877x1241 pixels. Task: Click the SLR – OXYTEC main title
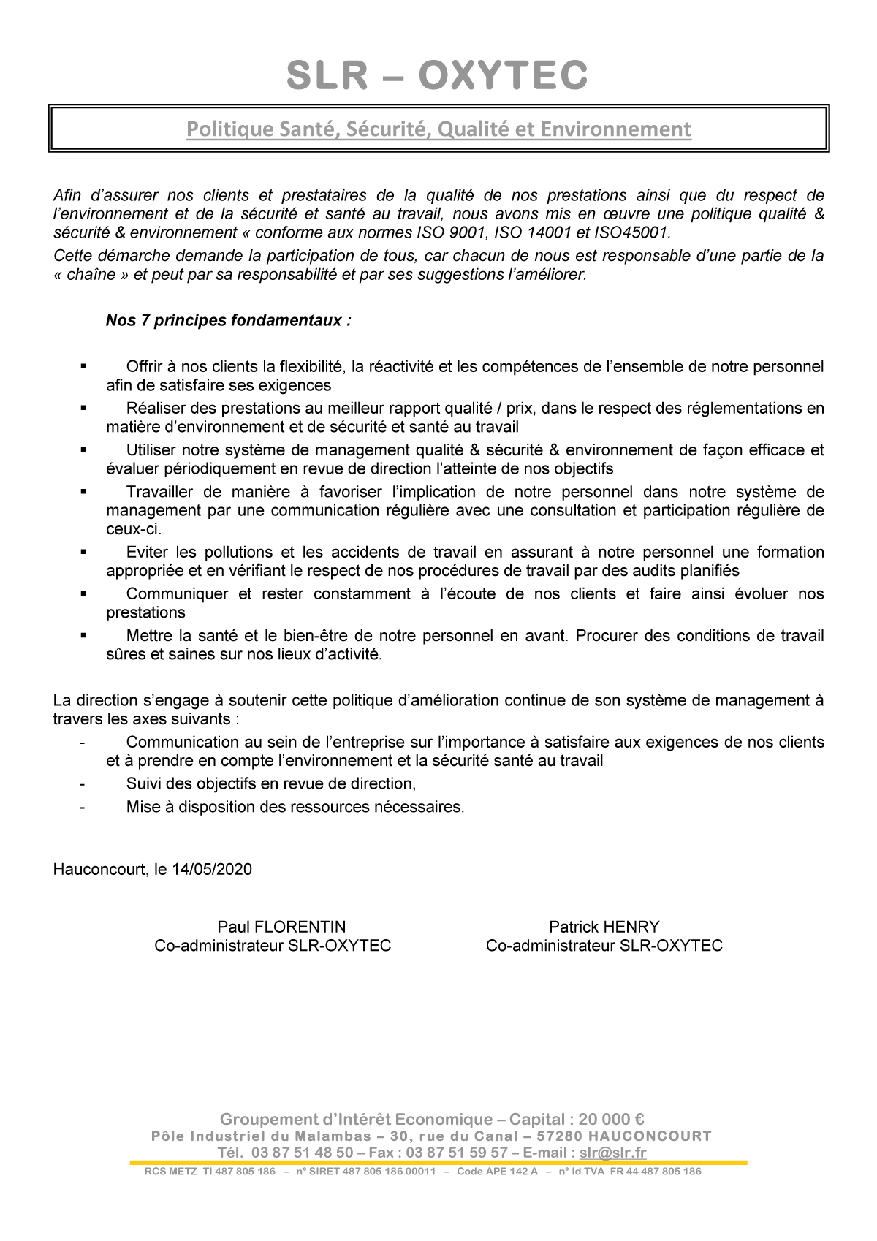[x=437, y=75]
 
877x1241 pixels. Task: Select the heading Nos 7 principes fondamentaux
[x=228, y=321]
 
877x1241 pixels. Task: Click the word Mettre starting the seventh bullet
[x=148, y=636]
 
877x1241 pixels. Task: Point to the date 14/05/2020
[x=213, y=869]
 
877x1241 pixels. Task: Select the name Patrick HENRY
[x=604, y=927]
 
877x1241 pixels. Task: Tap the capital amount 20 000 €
[x=611, y=1119]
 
